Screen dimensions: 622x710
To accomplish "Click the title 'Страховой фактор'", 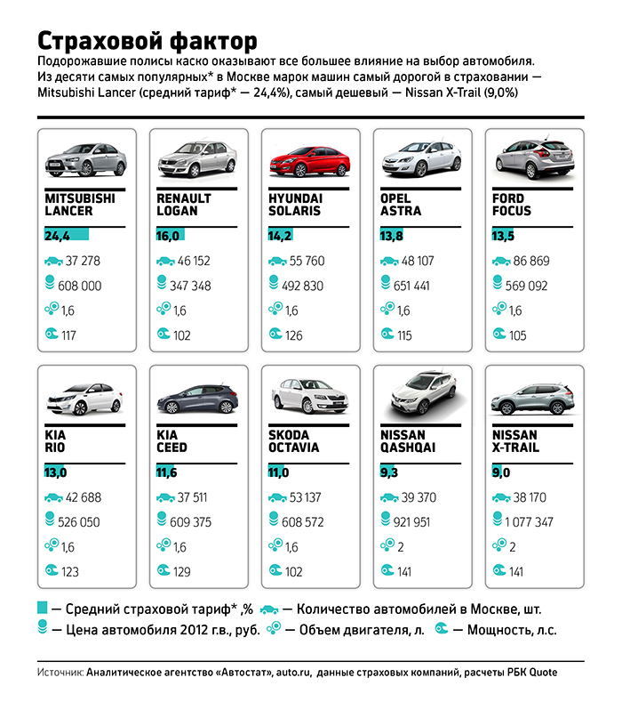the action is (147, 41).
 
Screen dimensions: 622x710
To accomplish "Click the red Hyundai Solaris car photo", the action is (310, 162).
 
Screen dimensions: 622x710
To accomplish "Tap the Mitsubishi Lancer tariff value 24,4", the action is (57, 236).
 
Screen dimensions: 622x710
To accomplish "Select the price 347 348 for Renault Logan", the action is (190, 286).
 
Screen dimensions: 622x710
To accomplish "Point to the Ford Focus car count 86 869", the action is (531, 261).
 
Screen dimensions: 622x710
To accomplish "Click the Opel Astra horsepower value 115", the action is (404, 335).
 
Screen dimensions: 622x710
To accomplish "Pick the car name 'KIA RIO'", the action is (55, 441).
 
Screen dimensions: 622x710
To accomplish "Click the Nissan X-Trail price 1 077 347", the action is (529, 522).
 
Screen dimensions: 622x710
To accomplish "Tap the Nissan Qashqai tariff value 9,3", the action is (388, 472).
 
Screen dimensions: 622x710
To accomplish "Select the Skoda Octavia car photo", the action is (310, 396).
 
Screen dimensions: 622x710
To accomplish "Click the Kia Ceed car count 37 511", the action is (192, 497).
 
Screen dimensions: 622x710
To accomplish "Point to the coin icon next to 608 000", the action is (50, 283).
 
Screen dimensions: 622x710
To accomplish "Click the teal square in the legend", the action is (42, 608).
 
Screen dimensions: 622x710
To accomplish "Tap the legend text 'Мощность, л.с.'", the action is (512, 630).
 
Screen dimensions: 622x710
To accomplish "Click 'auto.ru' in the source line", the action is (293, 673).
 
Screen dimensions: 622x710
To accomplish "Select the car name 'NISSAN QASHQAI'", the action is (408, 441).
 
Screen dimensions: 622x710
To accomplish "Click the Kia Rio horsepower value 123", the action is (69, 572).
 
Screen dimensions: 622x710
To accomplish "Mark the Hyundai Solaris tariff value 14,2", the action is (280, 236).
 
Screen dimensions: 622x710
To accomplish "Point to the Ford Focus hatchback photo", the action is (535, 157).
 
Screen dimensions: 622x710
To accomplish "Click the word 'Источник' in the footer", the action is (60, 673).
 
